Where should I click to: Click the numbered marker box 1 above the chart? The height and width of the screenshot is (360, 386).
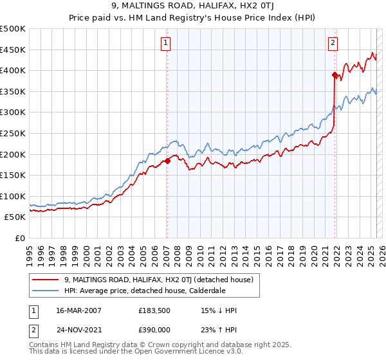(x=166, y=43)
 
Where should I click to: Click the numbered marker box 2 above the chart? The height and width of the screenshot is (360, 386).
(x=333, y=43)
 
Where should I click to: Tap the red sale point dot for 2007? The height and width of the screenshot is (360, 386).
(x=167, y=161)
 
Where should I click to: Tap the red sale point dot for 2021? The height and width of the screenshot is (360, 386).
(x=335, y=75)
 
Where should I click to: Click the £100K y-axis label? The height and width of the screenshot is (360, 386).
(x=13, y=196)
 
